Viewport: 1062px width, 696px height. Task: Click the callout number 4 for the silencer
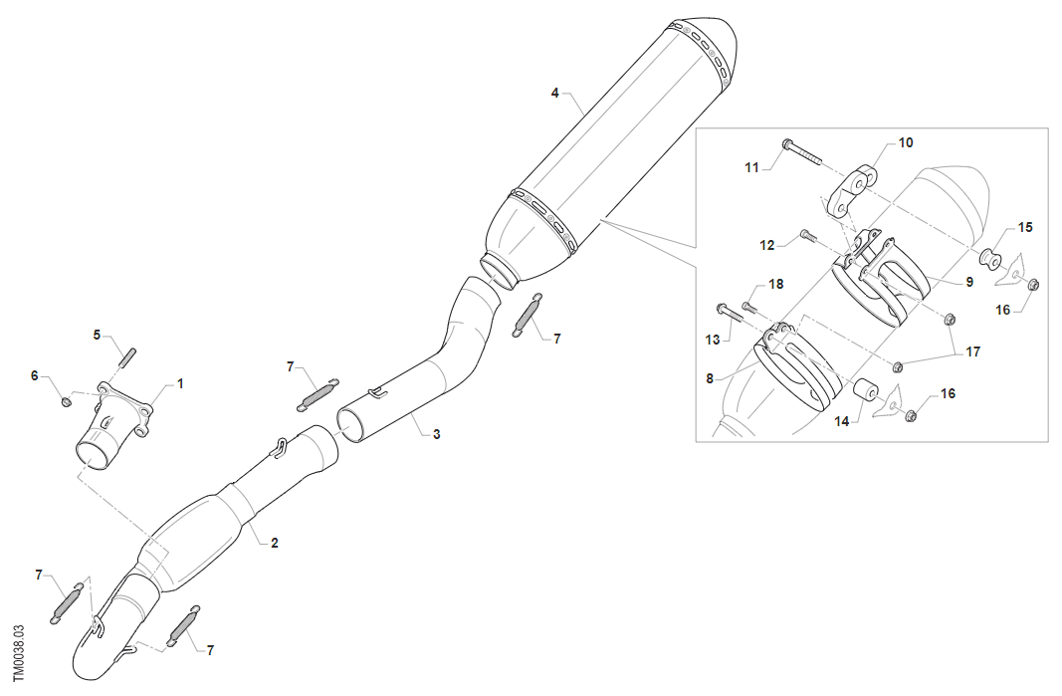point(555,93)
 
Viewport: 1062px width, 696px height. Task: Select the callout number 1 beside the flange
point(180,382)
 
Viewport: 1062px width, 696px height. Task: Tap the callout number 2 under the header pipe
point(275,543)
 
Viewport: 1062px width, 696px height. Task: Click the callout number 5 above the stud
point(98,335)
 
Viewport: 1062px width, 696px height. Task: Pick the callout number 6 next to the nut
point(34,375)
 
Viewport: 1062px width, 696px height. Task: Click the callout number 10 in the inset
point(905,142)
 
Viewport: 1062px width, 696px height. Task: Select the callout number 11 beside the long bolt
point(752,167)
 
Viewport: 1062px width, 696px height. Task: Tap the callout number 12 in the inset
point(766,245)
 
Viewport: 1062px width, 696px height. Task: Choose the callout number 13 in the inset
point(713,340)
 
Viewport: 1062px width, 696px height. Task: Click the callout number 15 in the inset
point(1025,227)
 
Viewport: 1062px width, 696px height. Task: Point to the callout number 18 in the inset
point(776,284)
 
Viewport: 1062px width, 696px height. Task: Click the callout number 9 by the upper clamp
point(968,282)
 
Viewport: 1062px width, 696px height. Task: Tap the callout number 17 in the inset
point(972,351)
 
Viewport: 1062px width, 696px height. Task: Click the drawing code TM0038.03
point(19,653)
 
